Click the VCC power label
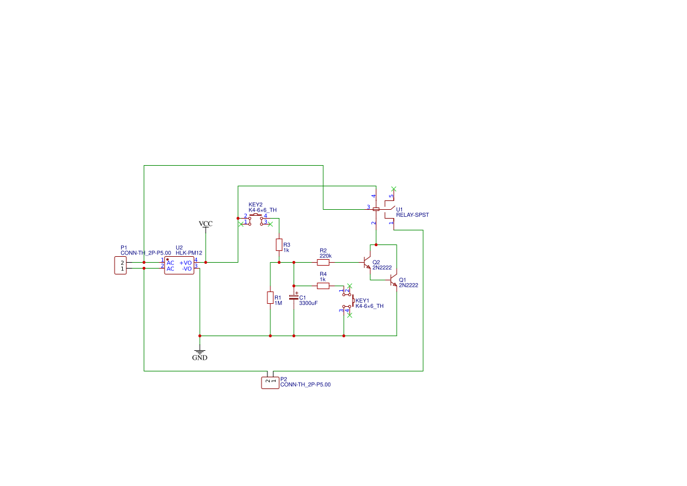(206, 224)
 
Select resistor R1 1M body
(270, 298)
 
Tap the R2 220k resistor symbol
(323, 262)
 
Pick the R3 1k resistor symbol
(279, 244)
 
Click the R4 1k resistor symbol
(323, 286)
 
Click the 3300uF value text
(309, 304)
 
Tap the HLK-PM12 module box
(179, 266)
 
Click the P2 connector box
(270, 383)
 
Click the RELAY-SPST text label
(412, 215)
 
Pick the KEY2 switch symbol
(256, 219)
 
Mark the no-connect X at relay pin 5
(394, 189)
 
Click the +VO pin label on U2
(186, 263)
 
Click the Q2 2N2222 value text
(382, 267)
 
